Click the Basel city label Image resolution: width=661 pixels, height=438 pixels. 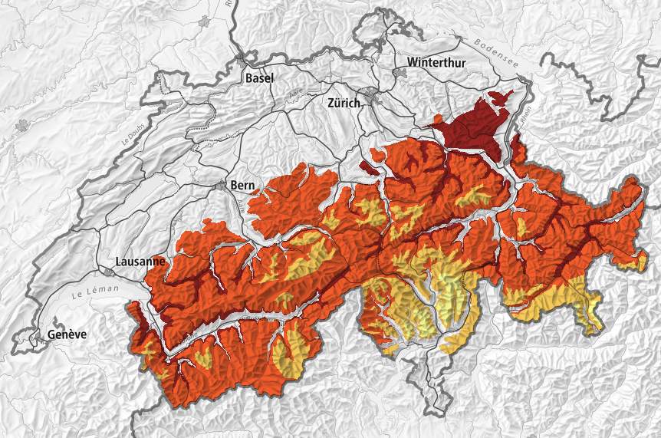point(259,77)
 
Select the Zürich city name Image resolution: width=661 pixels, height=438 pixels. point(344,103)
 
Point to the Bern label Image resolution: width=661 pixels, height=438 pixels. point(242,185)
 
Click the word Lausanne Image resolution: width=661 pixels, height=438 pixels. point(139,261)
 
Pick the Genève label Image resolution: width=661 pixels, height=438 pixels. point(67,334)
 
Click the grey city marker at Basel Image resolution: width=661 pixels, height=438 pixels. point(242,58)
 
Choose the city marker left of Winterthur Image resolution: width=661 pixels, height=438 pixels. point(400,72)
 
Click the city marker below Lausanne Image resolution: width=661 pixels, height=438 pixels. point(110,272)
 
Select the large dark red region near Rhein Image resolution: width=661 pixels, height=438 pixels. point(475,130)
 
